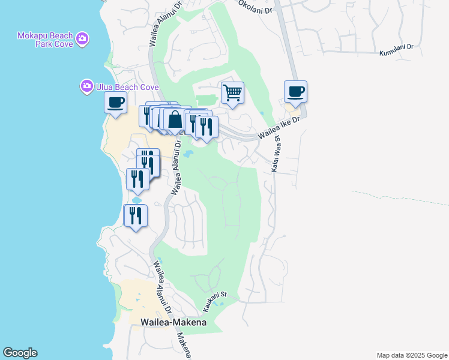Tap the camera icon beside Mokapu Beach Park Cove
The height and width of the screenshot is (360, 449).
(x=82, y=40)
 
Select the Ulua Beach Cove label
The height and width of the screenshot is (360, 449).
(x=127, y=88)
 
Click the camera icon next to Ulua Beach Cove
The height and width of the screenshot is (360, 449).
(x=87, y=87)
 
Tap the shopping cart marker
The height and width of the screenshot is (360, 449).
(x=232, y=93)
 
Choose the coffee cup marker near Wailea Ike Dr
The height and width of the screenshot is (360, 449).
(x=295, y=92)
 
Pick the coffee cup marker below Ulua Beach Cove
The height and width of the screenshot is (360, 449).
(x=115, y=103)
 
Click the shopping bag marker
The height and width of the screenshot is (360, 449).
(x=175, y=119)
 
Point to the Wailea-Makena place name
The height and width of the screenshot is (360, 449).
(x=173, y=322)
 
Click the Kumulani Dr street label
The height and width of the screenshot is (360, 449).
(x=397, y=50)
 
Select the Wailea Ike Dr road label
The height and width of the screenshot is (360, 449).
(x=279, y=128)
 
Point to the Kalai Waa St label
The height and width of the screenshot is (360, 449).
(x=276, y=155)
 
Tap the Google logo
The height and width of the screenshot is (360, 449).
(x=20, y=353)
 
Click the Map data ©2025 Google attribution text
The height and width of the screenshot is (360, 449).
(x=411, y=355)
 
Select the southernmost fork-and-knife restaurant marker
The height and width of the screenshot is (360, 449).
(x=135, y=216)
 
